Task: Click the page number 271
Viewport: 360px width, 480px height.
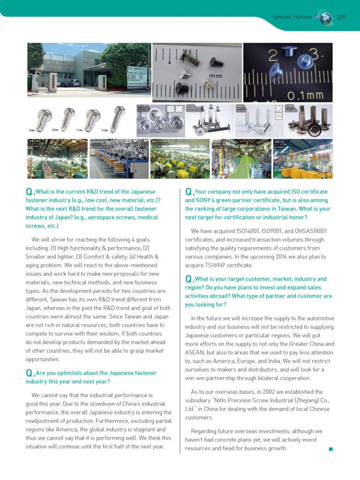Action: pyautogui.click(x=341, y=17)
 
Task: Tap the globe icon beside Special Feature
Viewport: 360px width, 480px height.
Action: pyautogui.click(x=325, y=18)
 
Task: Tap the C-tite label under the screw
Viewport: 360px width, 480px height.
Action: pyautogui.click(x=80, y=130)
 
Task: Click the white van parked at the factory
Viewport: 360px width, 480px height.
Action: pyautogui.click(x=74, y=83)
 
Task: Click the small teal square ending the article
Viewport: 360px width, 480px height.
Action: pyautogui.click(x=331, y=449)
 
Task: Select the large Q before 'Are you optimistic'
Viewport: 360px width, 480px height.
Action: pyautogui.click(x=29, y=373)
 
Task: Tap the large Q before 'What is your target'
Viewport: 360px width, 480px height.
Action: pyautogui.click(x=189, y=279)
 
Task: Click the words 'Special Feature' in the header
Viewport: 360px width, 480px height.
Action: pyautogui.click(x=292, y=17)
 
